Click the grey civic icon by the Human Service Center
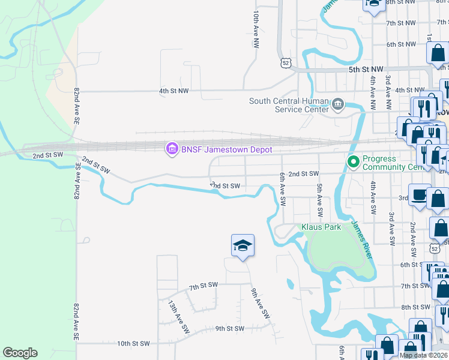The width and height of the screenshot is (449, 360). (338, 106)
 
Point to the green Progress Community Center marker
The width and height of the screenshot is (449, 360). (353, 161)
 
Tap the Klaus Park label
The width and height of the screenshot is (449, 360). (321, 227)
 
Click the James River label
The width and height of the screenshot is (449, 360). (362, 239)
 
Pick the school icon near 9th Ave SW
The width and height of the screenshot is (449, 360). (243, 245)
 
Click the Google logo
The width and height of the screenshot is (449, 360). (20, 353)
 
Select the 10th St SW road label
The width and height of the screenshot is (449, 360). (133, 344)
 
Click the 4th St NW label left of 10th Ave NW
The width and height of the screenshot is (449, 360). (173, 91)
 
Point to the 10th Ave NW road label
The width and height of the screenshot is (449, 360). (256, 29)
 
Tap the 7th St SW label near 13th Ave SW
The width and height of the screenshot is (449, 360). (203, 287)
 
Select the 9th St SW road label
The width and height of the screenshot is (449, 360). (230, 329)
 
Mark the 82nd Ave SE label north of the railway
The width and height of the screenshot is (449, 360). (77, 106)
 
